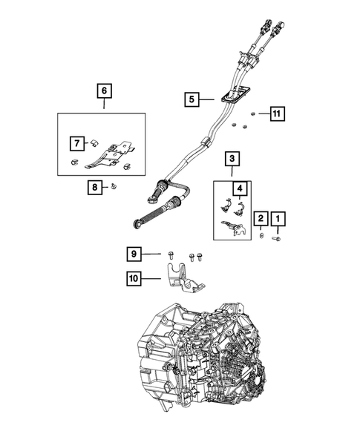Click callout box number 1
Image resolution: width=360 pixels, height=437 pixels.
278,219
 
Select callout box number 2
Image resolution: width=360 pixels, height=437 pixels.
261,219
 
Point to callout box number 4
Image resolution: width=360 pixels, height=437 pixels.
240,189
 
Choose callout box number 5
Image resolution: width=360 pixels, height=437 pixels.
192,98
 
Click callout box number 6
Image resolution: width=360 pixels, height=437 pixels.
104,91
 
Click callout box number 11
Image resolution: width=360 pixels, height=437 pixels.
276,114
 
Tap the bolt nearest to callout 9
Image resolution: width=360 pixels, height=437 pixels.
170,255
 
